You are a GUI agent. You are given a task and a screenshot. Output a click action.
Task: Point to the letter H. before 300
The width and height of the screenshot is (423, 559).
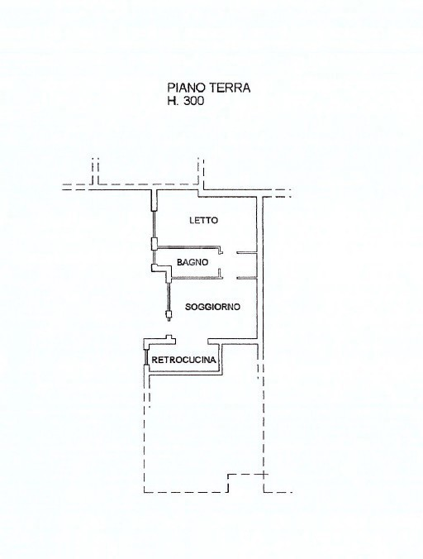[x=173, y=102]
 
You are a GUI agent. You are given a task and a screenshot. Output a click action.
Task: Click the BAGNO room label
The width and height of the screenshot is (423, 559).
[x=192, y=263]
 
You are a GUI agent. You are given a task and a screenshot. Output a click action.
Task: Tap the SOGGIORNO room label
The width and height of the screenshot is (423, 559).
[x=212, y=306]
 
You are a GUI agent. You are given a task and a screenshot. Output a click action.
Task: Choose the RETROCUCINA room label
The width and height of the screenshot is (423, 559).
[x=184, y=360]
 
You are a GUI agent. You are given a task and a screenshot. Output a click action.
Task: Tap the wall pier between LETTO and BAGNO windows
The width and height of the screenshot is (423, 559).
[x=154, y=243]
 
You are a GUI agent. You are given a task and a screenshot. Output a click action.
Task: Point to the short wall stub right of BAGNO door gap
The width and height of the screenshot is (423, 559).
[x=245, y=276]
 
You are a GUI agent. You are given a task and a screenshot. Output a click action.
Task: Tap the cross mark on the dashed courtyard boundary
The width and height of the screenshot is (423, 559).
[x=265, y=475]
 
